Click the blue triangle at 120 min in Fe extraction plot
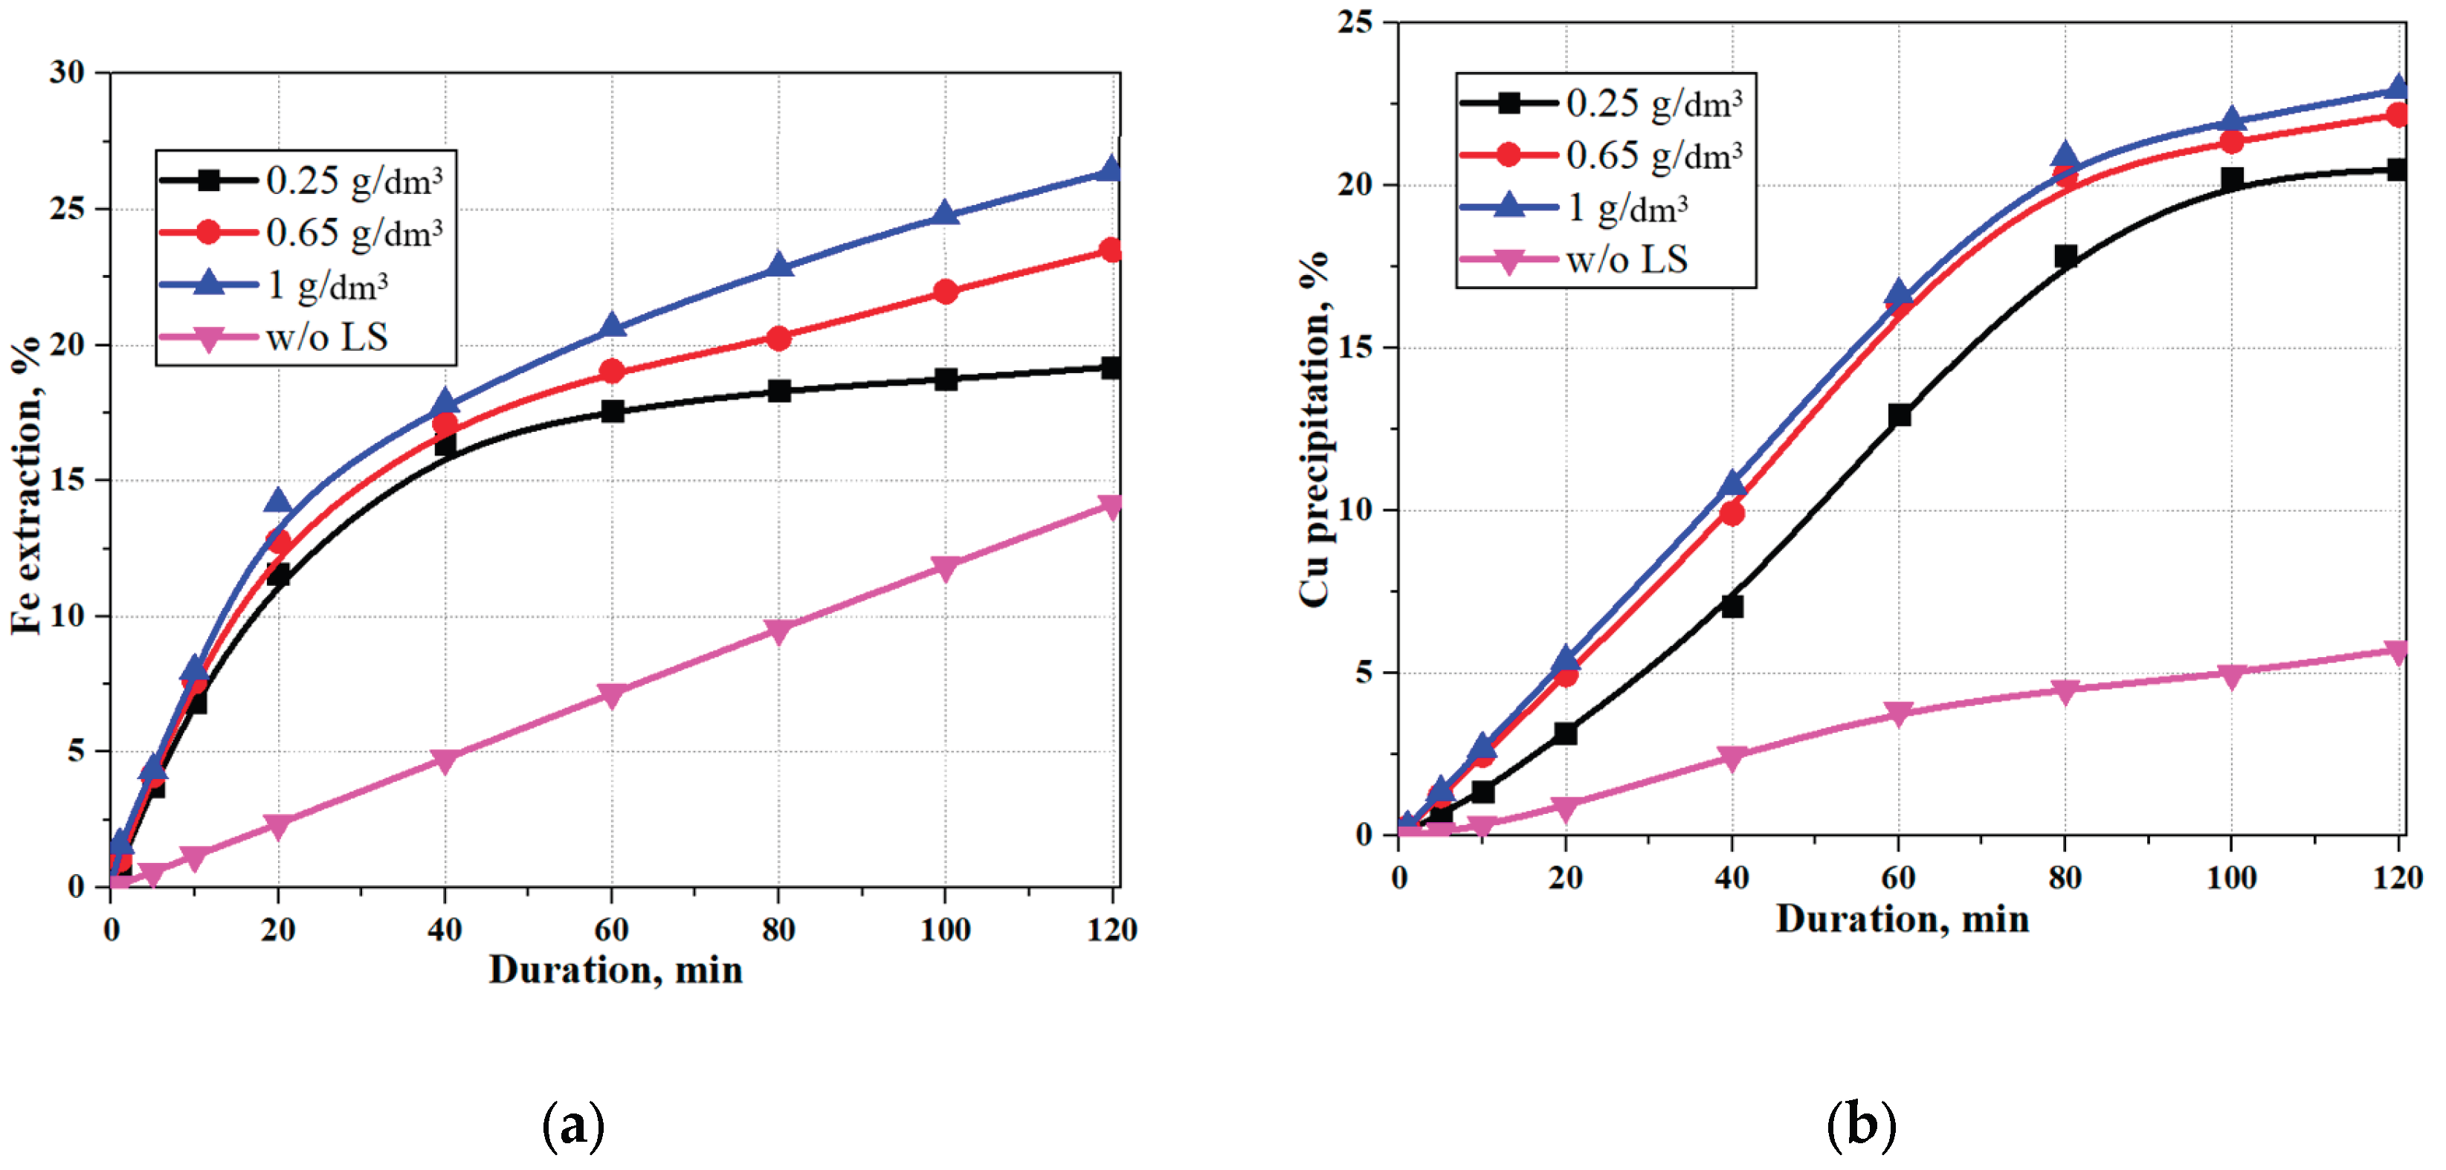(1111, 170)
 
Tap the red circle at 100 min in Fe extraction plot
(946, 291)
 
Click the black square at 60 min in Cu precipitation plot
(1899, 415)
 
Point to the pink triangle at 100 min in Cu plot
(2231, 675)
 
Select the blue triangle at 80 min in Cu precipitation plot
(2065, 157)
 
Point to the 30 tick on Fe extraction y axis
(68, 72)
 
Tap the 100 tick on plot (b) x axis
(2231, 877)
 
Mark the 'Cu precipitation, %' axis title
(1314, 427)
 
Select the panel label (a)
(572, 1126)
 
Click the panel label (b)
(1861, 1126)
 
